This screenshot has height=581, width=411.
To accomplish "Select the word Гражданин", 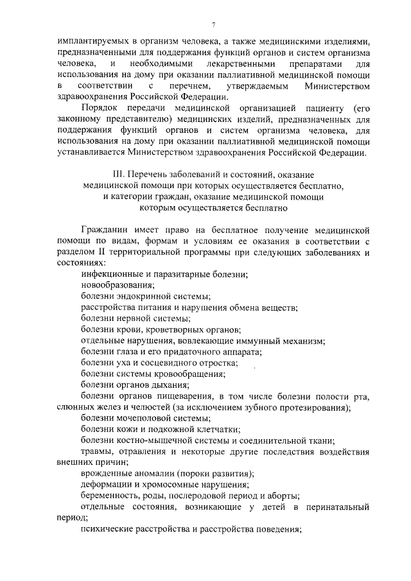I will click(x=107, y=230).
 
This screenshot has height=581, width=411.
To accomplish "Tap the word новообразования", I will click(x=118, y=285).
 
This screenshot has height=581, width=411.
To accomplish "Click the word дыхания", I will click(x=170, y=385).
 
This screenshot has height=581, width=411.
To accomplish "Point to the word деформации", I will click(x=107, y=485).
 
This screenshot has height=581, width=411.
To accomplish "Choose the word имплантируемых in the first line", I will click(x=92, y=40).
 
